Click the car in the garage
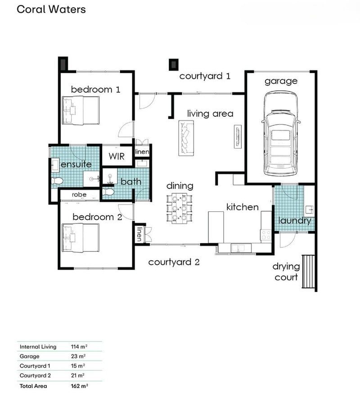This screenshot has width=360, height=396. click(281, 134)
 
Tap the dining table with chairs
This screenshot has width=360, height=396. click(179, 208)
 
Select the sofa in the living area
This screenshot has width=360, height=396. click(186, 138)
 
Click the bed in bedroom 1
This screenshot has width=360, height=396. click(81, 110)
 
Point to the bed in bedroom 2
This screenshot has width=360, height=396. click(81, 238)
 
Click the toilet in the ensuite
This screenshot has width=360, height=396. click(57, 181)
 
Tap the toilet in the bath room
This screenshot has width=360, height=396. click(108, 192)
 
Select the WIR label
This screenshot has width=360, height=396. click(117, 156)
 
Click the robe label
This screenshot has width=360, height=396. click(79, 195)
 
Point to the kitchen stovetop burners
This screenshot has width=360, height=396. click(265, 235)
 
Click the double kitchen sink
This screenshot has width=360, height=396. click(238, 248)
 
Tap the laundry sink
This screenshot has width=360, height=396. click(310, 209)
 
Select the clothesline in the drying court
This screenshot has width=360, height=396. click(308, 271)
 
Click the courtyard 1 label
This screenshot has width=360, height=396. click(205, 76)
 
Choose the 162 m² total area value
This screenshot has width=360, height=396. click(79, 386)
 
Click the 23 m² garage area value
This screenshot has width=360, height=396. click(78, 356)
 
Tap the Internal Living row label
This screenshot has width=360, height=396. click(38, 347)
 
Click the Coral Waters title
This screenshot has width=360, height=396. click(51, 9)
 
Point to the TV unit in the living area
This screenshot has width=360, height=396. click(238, 137)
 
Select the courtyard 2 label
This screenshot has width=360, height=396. click(174, 262)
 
